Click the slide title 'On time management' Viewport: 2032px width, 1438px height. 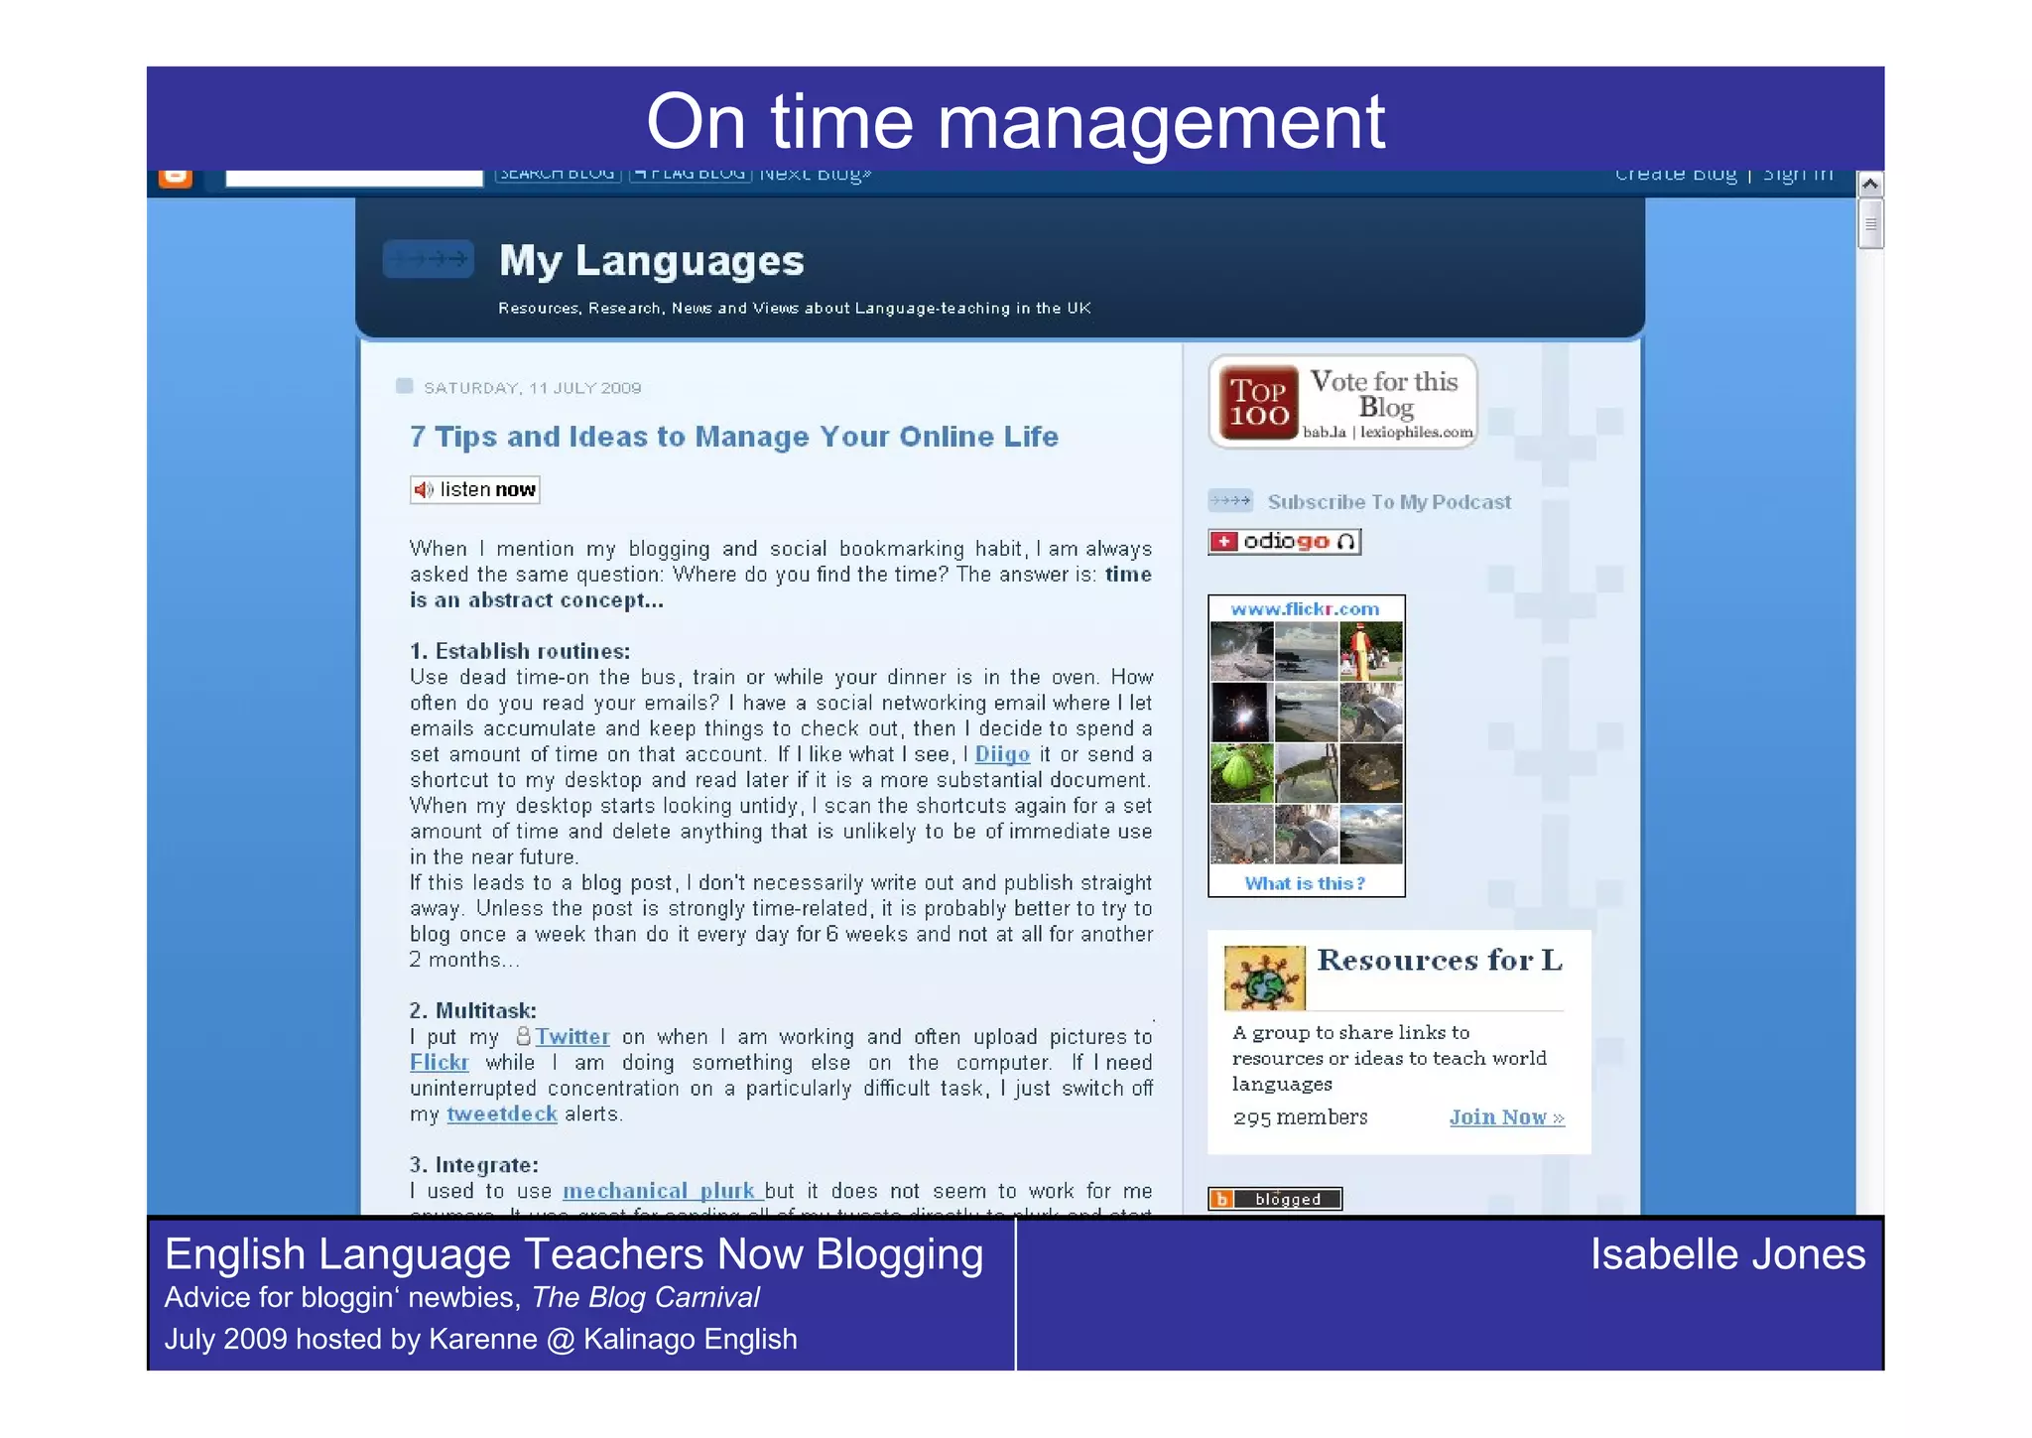pos(1015,122)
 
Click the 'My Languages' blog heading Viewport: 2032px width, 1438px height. pos(651,261)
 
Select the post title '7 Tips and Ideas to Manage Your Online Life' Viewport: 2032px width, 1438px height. pos(733,437)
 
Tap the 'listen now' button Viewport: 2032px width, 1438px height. pos(475,490)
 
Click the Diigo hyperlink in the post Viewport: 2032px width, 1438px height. pos(1002,755)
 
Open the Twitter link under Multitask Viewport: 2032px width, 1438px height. pos(571,1037)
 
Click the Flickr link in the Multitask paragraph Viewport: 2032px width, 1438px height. pos(439,1063)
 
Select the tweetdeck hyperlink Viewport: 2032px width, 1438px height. pos(501,1114)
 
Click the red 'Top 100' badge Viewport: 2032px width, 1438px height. pos(1258,403)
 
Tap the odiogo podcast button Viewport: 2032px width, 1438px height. pos(1284,542)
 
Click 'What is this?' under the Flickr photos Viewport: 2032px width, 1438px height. pos(1305,883)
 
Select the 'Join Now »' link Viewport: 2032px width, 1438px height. pos(1506,1117)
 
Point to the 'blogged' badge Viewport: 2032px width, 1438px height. pos(1274,1199)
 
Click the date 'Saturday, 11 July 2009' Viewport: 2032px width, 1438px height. pos(532,388)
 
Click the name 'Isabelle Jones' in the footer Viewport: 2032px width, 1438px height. pos(1726,1254)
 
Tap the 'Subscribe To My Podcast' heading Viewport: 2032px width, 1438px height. pos(1388,502)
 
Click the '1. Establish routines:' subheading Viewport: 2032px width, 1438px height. pos(520,652)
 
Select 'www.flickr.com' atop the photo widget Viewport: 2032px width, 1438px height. pos(1305,609)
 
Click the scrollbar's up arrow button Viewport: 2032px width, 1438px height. pos(1869,185)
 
